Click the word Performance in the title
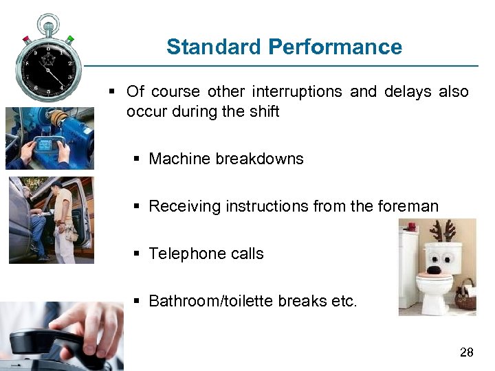point(335,47)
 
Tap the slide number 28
point(466,353)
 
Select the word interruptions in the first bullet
point(297,92)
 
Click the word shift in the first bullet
point(261,111)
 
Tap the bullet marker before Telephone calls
point(137,254)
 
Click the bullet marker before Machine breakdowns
point(137,159)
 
